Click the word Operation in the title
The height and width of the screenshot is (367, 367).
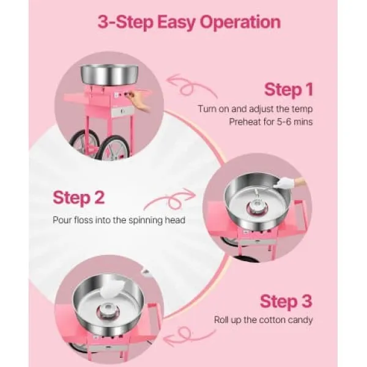point(240,23)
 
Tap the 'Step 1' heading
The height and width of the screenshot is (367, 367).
point(289,89)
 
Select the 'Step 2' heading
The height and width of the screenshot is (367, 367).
point(78,198)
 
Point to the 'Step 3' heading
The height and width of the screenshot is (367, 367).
point(286,302)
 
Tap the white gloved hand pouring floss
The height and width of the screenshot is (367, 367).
point(289,182)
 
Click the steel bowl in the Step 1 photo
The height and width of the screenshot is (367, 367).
point(109,75)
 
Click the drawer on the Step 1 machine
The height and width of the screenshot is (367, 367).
point(122,111)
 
